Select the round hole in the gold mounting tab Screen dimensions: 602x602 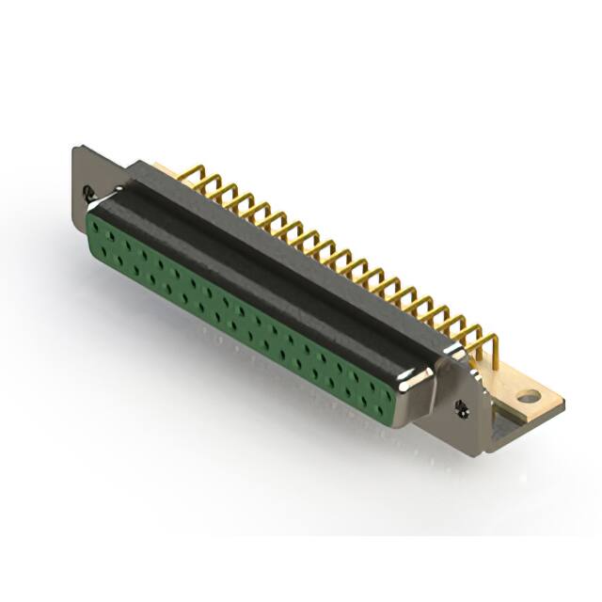(532, 398)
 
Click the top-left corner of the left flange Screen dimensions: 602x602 (75, 146)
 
